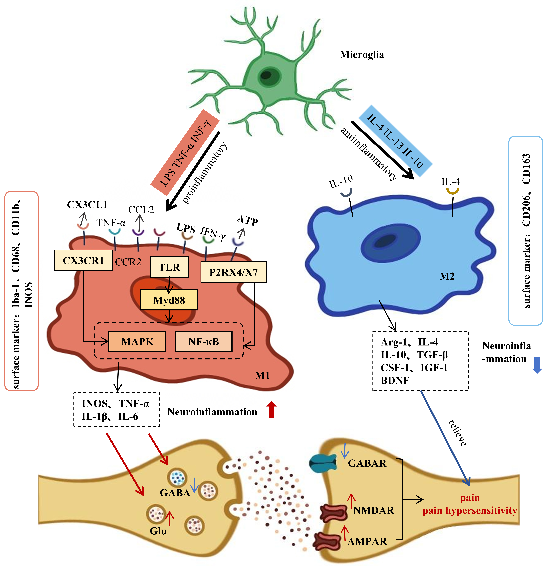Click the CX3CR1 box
tap(83, 260)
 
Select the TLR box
tap(169, 267)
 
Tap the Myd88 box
tap(169, 300)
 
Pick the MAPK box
tap(137, 341)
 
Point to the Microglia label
tap(362, 55)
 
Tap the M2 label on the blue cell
tap(447, 276)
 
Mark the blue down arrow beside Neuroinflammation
tap(537, 366)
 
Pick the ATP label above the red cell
tap(247, 220)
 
